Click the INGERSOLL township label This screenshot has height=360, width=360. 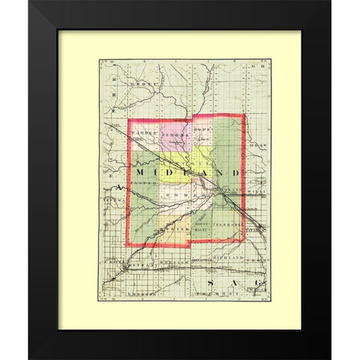pyautogui.click(x=228, y=223)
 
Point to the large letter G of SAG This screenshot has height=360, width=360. pyautogui.click(x=256, y=281)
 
